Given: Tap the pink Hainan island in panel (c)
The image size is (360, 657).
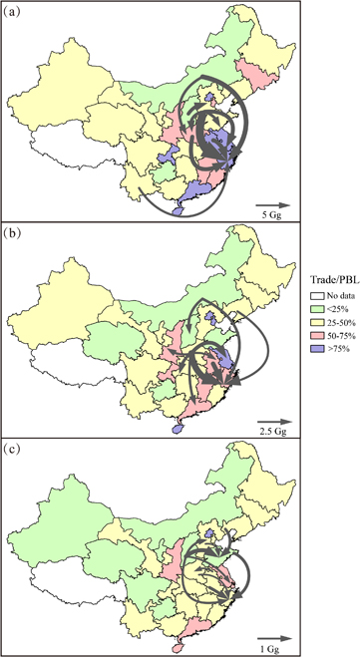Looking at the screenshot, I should point(179,643).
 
